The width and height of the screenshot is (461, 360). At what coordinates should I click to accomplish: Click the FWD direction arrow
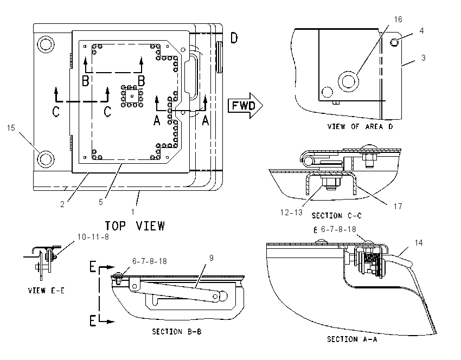(245, 106)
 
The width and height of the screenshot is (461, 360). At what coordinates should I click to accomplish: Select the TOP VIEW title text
(135, 226)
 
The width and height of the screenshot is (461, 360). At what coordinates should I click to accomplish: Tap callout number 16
(398, 20)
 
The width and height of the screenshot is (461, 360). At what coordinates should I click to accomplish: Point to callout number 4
(421, 31)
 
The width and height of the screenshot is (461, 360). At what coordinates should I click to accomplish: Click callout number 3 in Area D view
(424, 58)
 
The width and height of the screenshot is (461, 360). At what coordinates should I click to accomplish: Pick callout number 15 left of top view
(11, 128)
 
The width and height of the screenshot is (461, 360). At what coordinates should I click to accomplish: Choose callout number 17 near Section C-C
(398, 207)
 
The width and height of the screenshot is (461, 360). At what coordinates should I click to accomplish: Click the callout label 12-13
(291, 213)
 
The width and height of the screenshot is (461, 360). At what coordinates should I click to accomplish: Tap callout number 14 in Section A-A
(419, 243)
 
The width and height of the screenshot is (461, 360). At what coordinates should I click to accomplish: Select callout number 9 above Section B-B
(212, 258)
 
